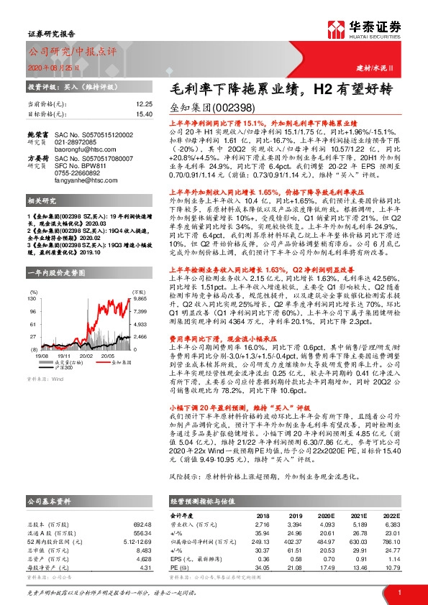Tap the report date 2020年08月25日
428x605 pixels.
(x=50, y=67)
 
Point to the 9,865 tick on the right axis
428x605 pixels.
(x=139, y=277)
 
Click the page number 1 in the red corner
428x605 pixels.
(x=398, y=592)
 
